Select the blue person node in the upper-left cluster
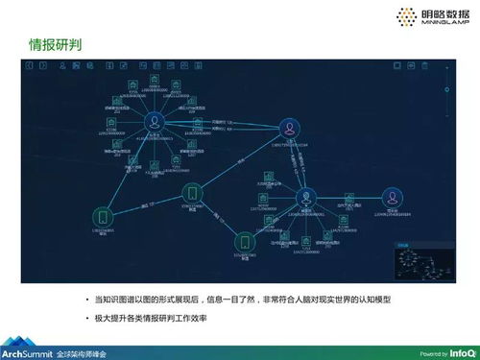click(154, 123)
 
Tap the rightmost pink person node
click(392, 197)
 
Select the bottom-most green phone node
click(246, 242)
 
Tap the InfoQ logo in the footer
click(462, 351)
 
